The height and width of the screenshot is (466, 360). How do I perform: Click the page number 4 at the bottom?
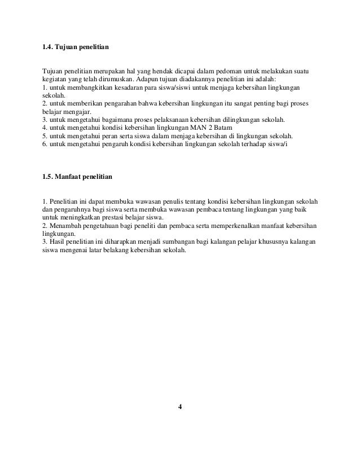click(x=180, y=407)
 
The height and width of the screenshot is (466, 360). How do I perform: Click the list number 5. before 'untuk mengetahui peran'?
click(x=45, y=137)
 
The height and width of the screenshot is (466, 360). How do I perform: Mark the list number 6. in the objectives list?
click(x=45, y=144)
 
